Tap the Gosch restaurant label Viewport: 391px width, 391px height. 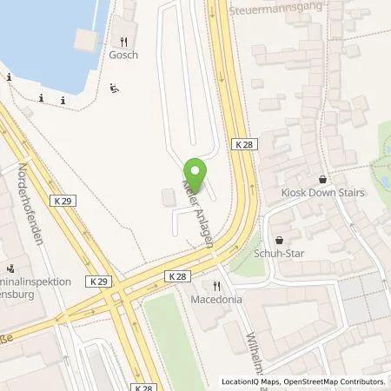pyautogui.click(x=124, y=54)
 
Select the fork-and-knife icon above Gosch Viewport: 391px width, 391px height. pyautogui.click(x=124, y=40)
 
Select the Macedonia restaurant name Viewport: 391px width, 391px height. pyautogui.click(x=215, y=300)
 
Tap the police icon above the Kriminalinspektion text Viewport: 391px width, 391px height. pyautogui.click(x=11, y=268)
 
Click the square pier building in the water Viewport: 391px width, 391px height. pyautogui.click(x=89, y=40)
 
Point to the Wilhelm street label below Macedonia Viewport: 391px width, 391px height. pyautogui.click(x=240, y=339)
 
